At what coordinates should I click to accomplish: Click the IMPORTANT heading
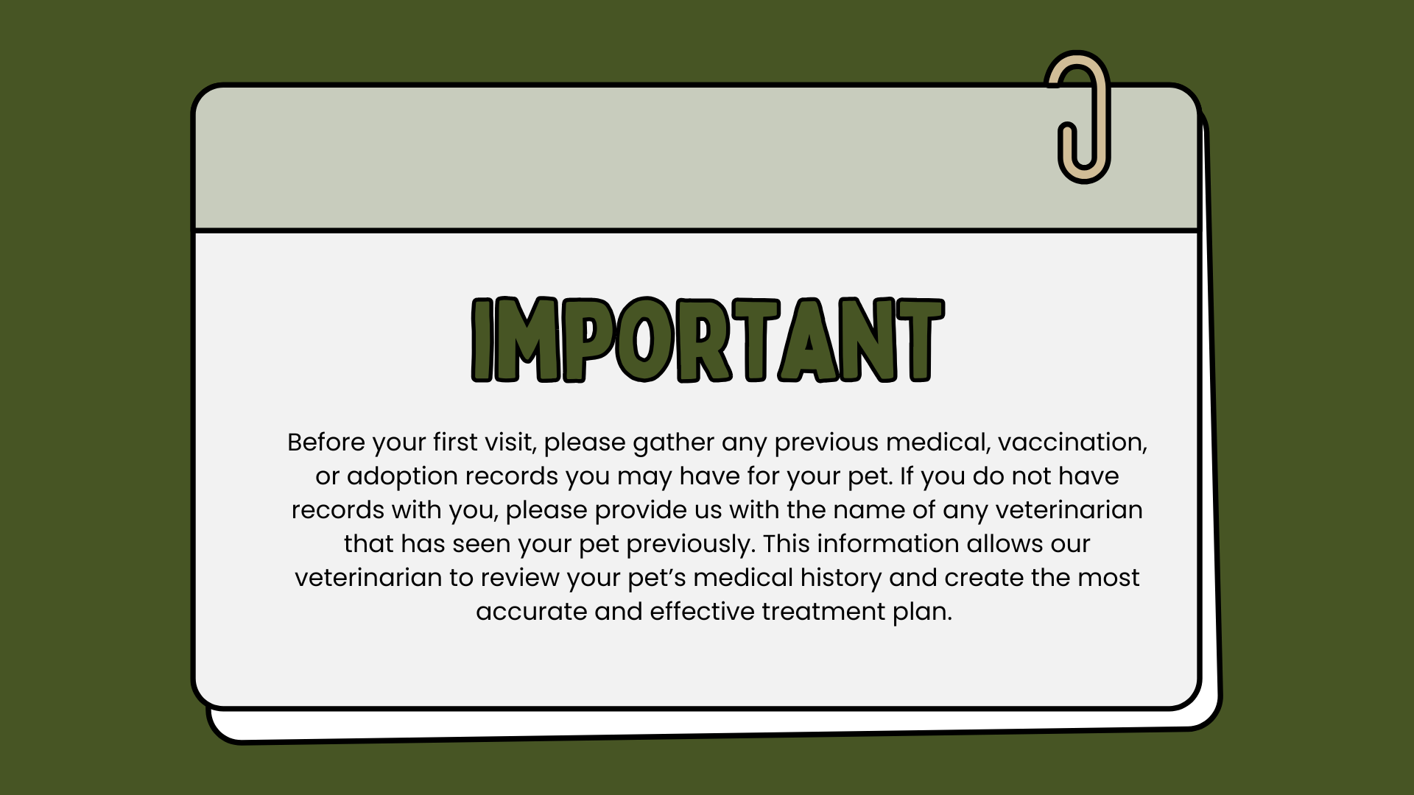pyautogui.click(x=707, y=340)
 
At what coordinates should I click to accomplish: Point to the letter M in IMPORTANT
pyautogui.click(x=529, y=340)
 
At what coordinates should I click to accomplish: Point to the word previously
pyautogui.click(x=690, y=545)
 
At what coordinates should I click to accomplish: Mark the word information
pyautogui.click(x=887, y=544)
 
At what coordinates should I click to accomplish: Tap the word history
pyautogui.click(x=841, y=579)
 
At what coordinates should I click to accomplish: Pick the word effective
pyautogui.click(x=703, y=612)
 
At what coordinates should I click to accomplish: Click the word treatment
pyautogui.click(x=823, y=612)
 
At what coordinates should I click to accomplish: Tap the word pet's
pyautogui.click(x=657, y=579)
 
